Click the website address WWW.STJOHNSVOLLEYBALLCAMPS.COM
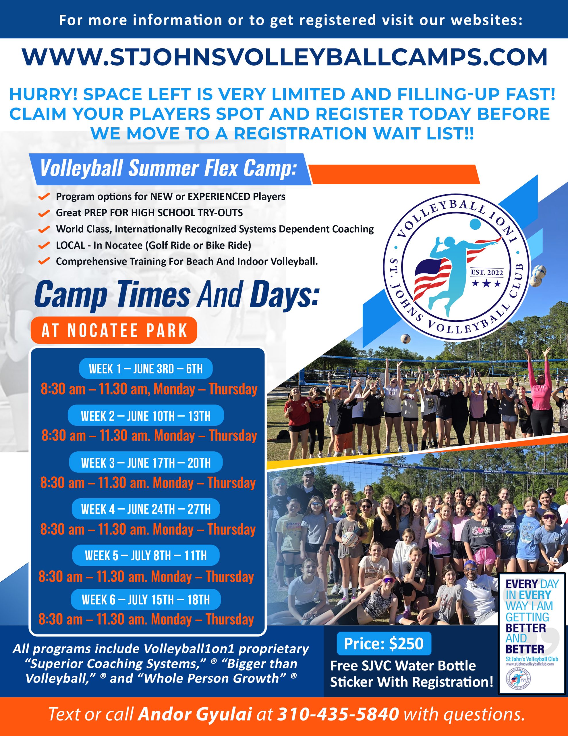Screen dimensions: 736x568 click(x=285, y=57)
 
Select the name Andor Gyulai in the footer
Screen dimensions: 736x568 click(x=195, y=714)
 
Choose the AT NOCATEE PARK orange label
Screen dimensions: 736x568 click(x=114, y=330)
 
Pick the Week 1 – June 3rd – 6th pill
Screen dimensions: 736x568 click(x=146, y=369)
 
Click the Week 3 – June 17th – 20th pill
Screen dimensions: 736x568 click(x=146, y=463)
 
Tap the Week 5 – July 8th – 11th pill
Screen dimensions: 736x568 click(x=146, y=555)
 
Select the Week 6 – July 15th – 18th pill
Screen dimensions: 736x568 click(x=146, y=599)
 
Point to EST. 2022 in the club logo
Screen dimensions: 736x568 click(x=486, y=272)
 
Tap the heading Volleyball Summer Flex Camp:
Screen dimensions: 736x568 click(x=168, y=168)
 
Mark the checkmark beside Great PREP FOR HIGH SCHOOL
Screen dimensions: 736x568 click(x=44, y=213)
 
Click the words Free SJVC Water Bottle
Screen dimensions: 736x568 click(x=403, y=666)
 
